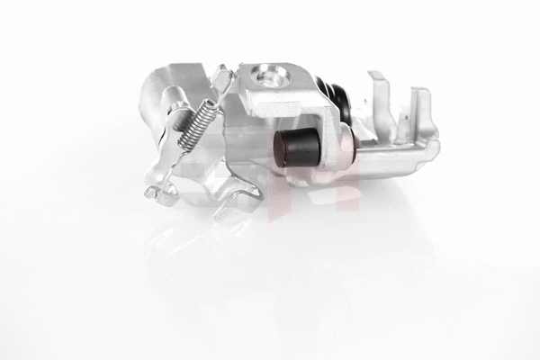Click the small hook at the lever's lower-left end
tap(152, 190)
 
